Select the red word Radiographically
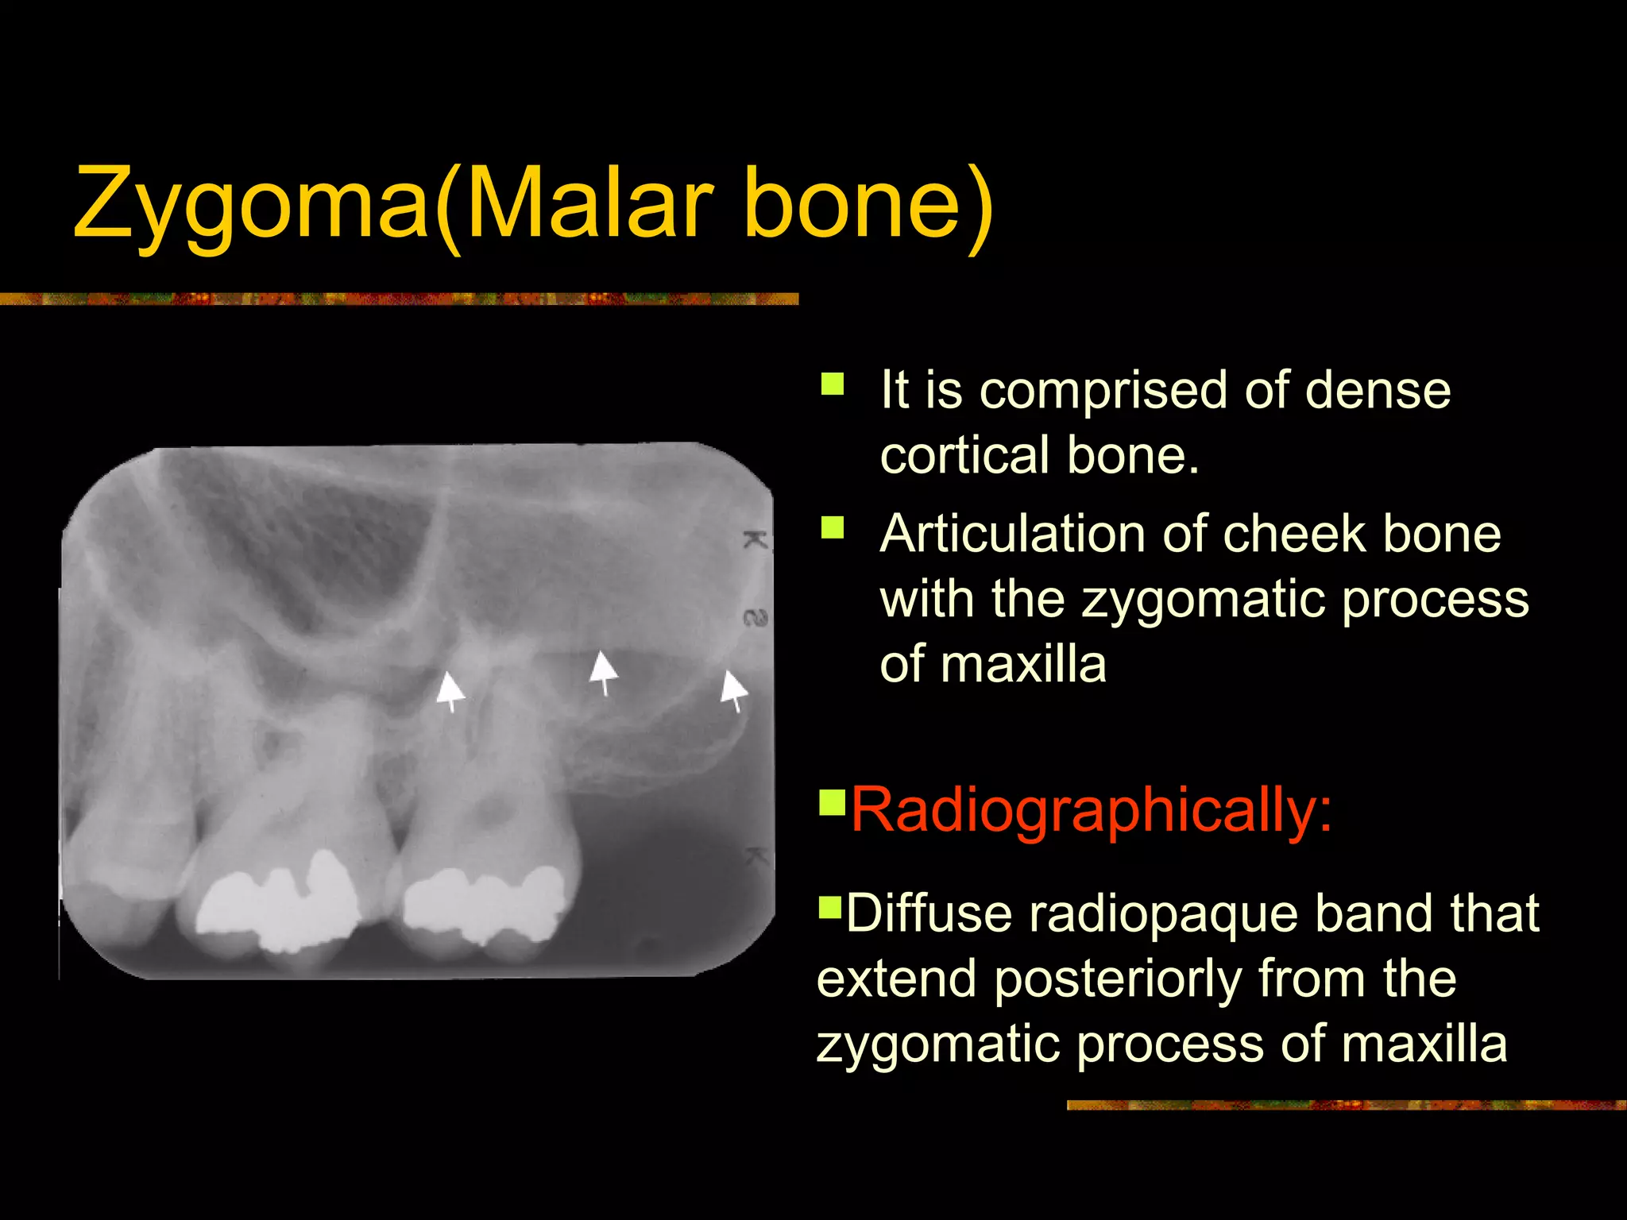[1090, 810]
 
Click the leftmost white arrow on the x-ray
[450, 689]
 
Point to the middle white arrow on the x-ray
[603, 672]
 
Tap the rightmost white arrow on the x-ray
[733, 689]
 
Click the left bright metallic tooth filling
[278, 901]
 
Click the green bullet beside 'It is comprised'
[832, 384]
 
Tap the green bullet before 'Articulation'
[832, 527]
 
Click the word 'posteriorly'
[1117, 979]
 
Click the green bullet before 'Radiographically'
[832, 801]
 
